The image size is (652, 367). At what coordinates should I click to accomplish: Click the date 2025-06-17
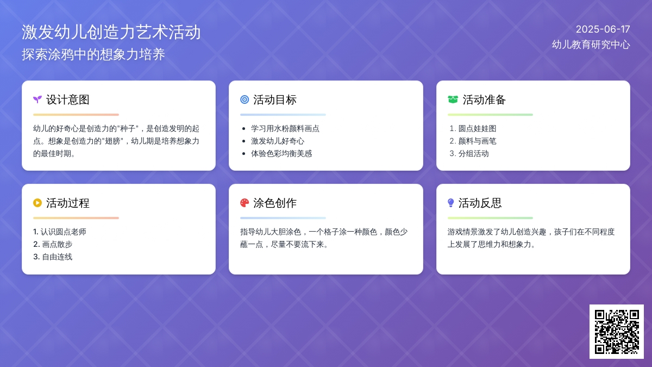click(603, 29)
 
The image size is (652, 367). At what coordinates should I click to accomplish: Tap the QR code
click(617, 332)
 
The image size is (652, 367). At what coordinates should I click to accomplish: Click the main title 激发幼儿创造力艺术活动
click(111, 32)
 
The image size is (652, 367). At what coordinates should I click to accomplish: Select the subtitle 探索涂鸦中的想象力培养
click(93, 54)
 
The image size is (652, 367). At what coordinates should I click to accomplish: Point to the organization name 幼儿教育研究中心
click(591, 45)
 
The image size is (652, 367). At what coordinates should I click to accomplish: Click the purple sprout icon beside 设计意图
click(37, 99)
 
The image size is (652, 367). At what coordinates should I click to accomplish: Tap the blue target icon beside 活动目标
click(244, 99)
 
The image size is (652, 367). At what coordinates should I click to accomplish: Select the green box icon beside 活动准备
click(453, 99)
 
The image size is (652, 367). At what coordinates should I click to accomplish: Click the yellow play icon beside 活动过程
click(37, 203)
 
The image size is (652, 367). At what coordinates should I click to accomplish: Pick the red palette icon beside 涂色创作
click(244, 203)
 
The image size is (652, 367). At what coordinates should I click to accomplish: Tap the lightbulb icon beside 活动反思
click(450, 203)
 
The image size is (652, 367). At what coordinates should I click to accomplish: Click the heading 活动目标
click(275, 99)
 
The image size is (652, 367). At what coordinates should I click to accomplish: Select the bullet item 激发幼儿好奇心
click(278, 141)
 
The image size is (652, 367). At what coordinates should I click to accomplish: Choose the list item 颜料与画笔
click(477, 141)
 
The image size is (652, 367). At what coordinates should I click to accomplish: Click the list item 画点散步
click(57, 244)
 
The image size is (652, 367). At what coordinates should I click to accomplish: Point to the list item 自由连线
click(57, 257)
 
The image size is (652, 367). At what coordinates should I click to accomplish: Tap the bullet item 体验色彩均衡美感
click(281, 154)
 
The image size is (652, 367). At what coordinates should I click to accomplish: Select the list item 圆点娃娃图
click(477, 129)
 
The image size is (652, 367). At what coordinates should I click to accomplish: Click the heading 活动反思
click(480, 203)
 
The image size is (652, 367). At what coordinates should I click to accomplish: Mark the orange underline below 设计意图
click(76, 115)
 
